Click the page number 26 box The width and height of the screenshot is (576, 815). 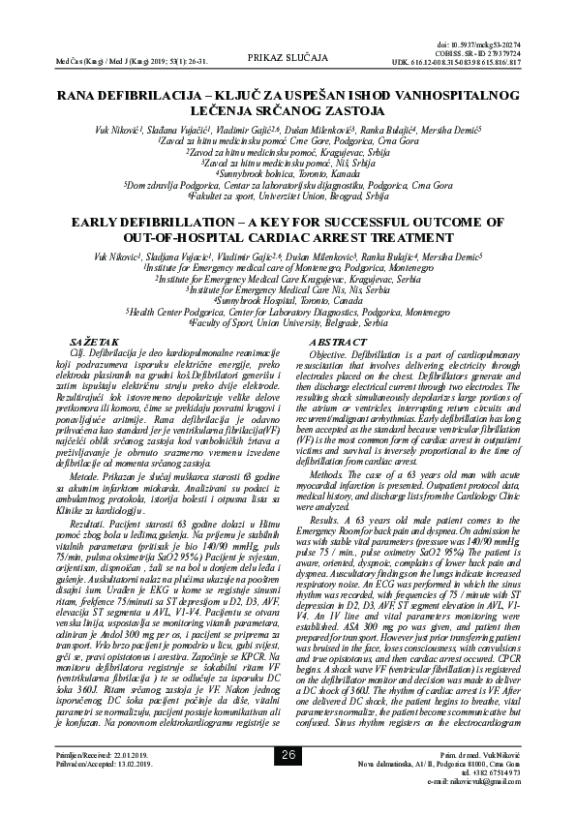tap(288, 782)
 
